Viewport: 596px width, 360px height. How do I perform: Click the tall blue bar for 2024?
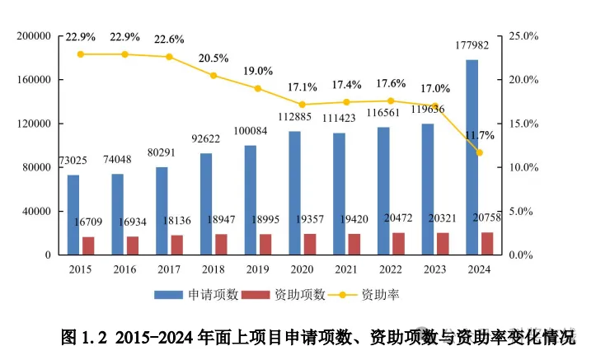coord(472,157)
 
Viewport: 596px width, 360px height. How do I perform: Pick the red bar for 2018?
coord(221,245)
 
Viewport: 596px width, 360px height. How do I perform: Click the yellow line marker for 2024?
coord(479,152)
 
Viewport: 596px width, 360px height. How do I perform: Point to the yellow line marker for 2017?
coord(169,57)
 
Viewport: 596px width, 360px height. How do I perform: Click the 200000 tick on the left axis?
coord(34,36)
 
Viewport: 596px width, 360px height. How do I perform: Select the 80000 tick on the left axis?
coord(37,167)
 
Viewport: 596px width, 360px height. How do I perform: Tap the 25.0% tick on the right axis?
coord(524,36)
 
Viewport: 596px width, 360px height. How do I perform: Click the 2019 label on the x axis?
coord(257,269)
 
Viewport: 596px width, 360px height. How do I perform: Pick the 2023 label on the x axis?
coord(434,269)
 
